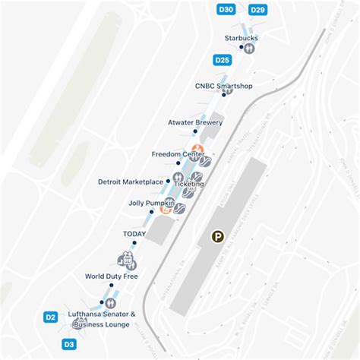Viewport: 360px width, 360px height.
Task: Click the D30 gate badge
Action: [x=226, y=10]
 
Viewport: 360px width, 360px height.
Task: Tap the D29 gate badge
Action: [x=257, y=10]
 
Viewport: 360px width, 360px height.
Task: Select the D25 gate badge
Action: [x=223, y=60]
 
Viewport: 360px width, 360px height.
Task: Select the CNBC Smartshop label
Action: [x=223, y=86]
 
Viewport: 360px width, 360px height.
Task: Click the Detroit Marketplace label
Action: [x=131, y=182]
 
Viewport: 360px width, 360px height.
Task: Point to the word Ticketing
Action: [x=189, y=184]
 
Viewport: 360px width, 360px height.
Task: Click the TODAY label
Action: [x=134, y=233]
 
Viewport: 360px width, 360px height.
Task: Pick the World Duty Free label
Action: [x=112, y=276]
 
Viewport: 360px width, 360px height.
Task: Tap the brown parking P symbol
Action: [x=218, y=238]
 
